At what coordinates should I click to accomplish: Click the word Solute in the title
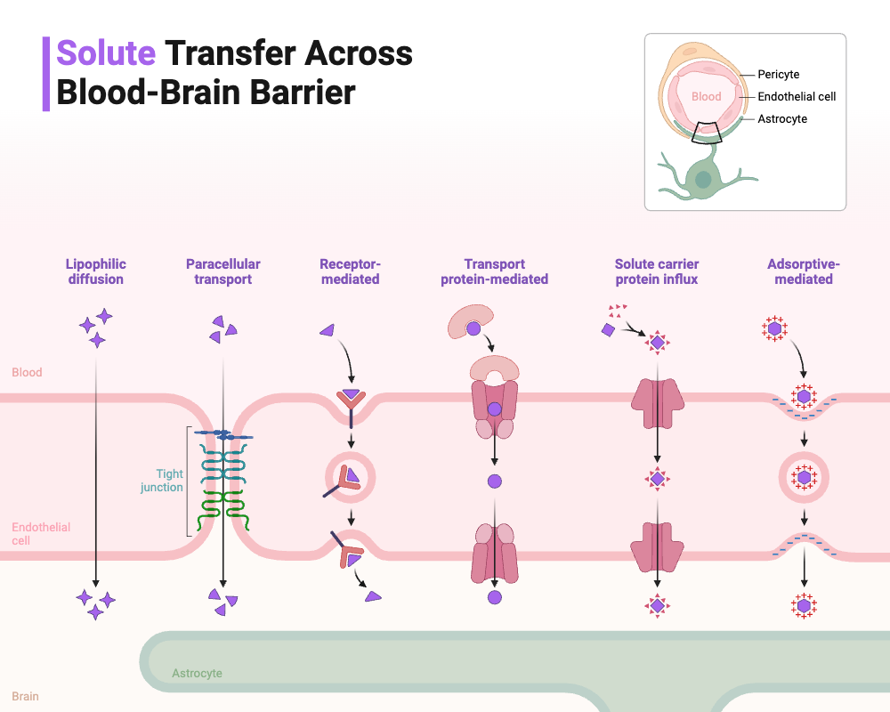(106, 53)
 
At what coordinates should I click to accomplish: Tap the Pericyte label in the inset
(778, 75)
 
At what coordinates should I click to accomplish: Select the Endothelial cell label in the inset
(797, 97)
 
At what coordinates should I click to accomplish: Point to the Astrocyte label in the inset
(782, 119)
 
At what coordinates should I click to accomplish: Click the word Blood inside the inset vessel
(706, 97)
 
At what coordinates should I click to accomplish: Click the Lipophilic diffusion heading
(96, 271)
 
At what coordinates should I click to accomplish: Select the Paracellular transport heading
(223, 271)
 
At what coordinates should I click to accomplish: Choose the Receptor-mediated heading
(350, 271)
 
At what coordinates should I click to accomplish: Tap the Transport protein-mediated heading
(495, 271)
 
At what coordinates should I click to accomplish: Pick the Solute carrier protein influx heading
(657, 271)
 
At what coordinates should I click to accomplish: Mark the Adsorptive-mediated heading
(804, 271)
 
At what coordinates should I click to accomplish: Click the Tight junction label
(162, 481)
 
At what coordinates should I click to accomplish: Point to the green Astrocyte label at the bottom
(197, 674)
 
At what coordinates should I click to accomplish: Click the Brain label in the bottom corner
(26, 696)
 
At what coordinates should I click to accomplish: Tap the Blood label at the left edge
(27, 372)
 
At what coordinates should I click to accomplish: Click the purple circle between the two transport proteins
(495, 481)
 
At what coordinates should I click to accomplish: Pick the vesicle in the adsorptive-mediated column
(804, 478)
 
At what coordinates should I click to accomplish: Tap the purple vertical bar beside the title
(46, 74)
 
